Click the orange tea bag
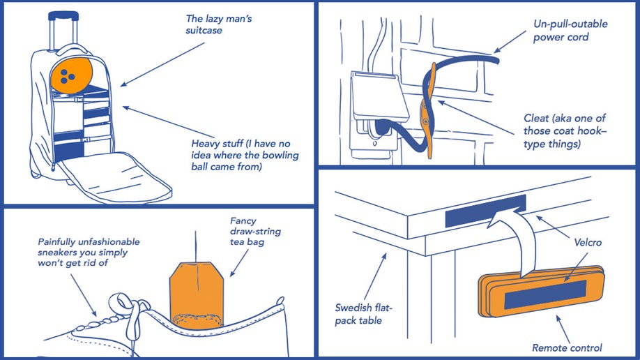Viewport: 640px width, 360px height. pyautogui.click(x=197, y=292)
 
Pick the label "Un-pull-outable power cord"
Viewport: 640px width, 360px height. pyautogui.click(x=571, y=30)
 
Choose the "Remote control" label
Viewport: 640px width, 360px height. pyautogui.click(x=567, y=347)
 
